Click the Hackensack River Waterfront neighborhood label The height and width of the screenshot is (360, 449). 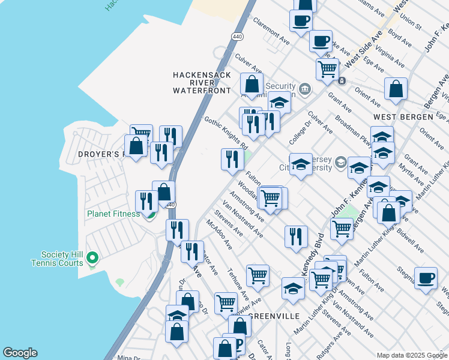(202, 82)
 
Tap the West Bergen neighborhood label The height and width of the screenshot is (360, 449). (403, 116)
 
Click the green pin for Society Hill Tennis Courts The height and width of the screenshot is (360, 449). (92, 257)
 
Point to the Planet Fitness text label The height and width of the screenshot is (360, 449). (113, 214)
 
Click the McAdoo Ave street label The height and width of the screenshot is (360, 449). (220, 235)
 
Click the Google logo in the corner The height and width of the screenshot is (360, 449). (20, 353)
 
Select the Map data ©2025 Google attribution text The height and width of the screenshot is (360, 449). (412, 355)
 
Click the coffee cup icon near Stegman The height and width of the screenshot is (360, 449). (426, 278)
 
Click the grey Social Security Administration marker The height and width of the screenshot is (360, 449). (304, 90)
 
